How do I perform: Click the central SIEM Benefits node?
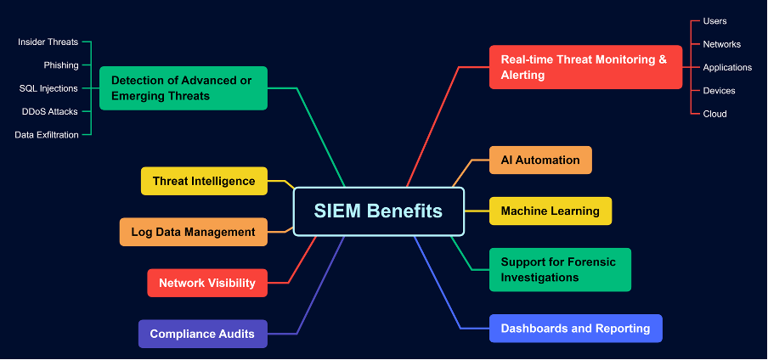pyautogui.click(x=379, y=211)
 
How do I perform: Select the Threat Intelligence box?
pyautogui.click(x=204, y=181)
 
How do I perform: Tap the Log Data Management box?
pyautogui.click(x=193, y=232)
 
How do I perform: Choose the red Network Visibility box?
pyautogui.click(x=207, y=283)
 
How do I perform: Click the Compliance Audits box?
pyautogui.click(x=202, y=334)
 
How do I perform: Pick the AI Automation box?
pyautogui.click(x=540, y=160)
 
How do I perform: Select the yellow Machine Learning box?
pyautogui.click(x=551, y=211)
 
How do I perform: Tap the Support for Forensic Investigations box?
pyautogui.click(x=560, y=269)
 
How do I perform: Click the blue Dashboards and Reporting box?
pyautogui.click(x=575, y=328)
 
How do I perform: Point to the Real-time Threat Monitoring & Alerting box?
pyautogui.click(x=585, y=67)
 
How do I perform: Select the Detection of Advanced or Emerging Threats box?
pyautogui.click(x=184, y=87)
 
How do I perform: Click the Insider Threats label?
pyautogui.click(x=48, y=42)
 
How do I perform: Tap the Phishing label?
pyautogui.click(x=61, y=65)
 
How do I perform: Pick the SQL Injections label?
pyautogui.click(x=48, y=88)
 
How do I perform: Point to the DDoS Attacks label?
pyautogui.click(x=50, y=111)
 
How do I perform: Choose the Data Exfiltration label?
pyautogui.click(x=47, y=134)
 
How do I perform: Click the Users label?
pyautogui.click(x=715, y=21)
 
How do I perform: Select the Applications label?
pyautogui.click(x=727, y=67)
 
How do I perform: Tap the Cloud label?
pyautogui.click(x=715, y=114)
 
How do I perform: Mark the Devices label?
pyautogui.click(x=720, y=90)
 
